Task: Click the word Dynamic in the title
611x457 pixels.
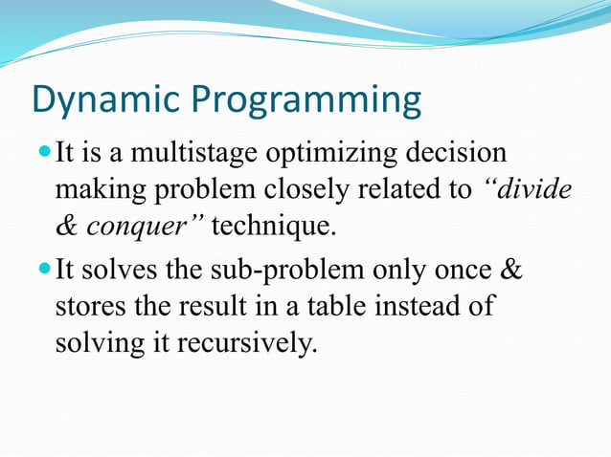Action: click(x=106, y=99)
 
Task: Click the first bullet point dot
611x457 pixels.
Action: click(x=45, y=150)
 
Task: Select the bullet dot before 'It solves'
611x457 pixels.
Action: click(x=45, y=269)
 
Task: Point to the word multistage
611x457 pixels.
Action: click(x=194, y=153)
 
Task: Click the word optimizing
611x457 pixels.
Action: click(x=331, y=153)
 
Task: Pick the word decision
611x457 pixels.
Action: click(x=456, y=152)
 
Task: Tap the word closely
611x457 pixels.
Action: click(x=306, y=190)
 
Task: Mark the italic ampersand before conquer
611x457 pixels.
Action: click(x=66, y=227)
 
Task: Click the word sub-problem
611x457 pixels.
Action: click(x=287, y=270)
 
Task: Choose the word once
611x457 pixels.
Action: click(x=463, y=271)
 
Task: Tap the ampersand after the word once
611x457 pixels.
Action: click(x=511, y=270)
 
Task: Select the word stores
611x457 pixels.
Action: click(x=90, y=307)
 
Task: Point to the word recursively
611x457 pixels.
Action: click(x=247, y=344)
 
